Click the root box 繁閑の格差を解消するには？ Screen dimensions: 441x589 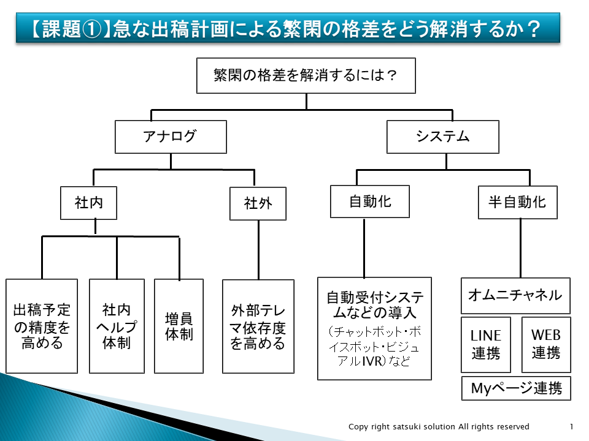pos(306,75)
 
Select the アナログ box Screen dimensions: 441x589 pos(171,137)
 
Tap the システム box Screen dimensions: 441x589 pos(442,137)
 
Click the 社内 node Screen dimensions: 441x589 pos(88,203)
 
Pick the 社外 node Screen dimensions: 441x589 pos(258,203)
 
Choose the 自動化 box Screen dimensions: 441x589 pos(369,201)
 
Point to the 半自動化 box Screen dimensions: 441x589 pos(517,202)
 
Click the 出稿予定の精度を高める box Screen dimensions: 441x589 pos(42,326)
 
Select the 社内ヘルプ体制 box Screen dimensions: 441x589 pos(117,326)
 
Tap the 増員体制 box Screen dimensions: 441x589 pos(179,326)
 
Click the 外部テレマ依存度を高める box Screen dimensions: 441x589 pos(258,326)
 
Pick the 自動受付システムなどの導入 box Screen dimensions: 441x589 pos(374,328)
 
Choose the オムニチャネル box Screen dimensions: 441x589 pos(515,295)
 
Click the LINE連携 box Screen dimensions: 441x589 pos(485,344)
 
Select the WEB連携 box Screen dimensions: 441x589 pos(545,344)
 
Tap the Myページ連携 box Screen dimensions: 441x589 pos(515,388)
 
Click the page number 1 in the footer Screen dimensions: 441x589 pos(571,427)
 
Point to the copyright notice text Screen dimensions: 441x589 pos(439,427)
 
